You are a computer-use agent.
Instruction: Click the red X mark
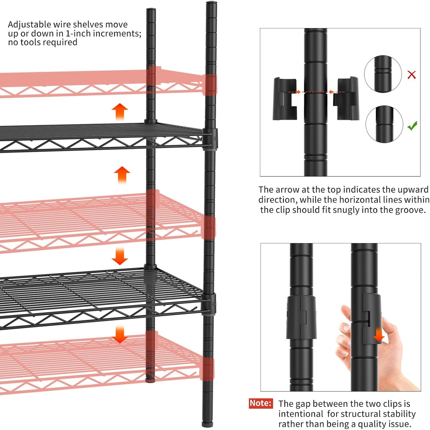pos(412,74)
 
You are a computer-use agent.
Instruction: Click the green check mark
pos(412,126)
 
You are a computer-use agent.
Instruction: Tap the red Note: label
pos(261,403)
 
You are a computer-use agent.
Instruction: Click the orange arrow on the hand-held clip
pos(379,335)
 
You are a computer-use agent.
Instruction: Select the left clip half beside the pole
pos(285,99)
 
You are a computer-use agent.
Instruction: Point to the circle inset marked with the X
pos(383,74)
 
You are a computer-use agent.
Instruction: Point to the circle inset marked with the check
pos(384,124)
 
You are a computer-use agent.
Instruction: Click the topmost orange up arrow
pos(120,112)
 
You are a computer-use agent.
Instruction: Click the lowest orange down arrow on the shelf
pos(120,334)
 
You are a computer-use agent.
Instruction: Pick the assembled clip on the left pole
pos(301,317)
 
